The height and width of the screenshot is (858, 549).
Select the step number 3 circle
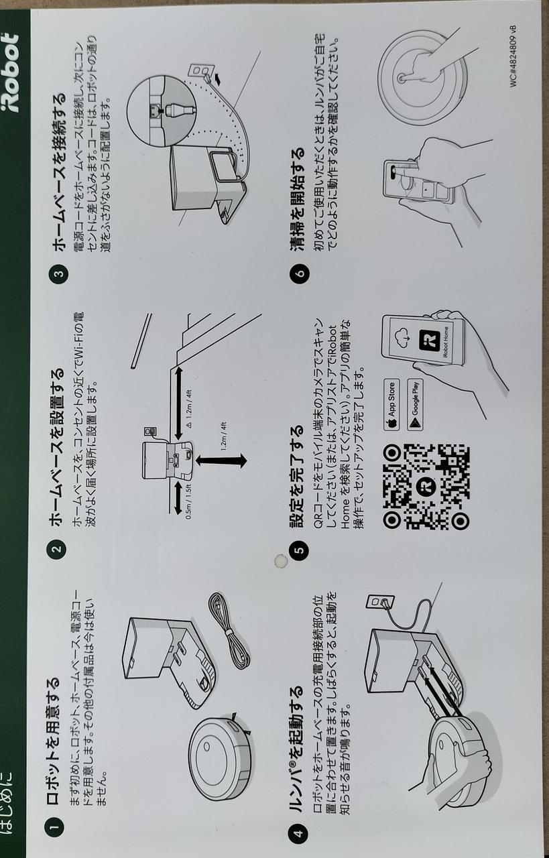click(x=58, y=274)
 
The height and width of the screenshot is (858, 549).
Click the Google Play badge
click(x=415, y=405)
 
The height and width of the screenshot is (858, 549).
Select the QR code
click(x=426, y=487)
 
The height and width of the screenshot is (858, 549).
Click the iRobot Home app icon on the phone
click(x=429, y=340)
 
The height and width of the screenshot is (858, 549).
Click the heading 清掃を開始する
click(x=298, y=199)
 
